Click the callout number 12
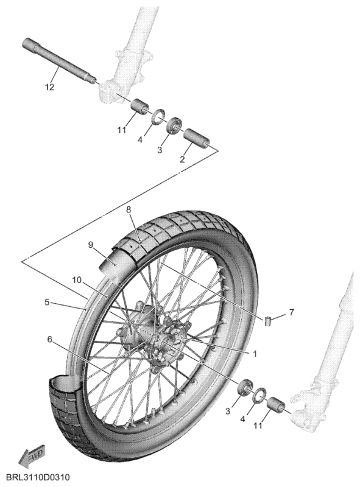[49, 87]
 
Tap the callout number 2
[182, 159]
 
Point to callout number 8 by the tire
[129, 209]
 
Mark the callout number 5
[47, 301]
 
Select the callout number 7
[291, 312]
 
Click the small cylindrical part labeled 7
[268, 320]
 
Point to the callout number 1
[255, 352]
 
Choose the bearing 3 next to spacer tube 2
[175, 125]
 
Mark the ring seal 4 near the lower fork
[258, 396]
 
